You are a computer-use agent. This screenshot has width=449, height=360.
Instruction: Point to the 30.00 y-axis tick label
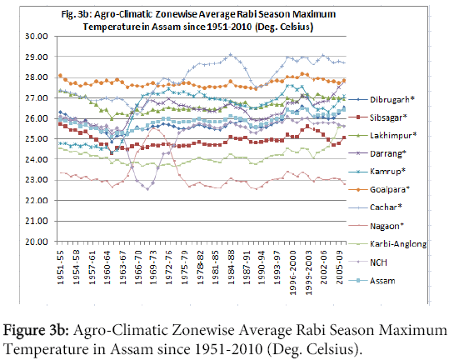tap(36, 37)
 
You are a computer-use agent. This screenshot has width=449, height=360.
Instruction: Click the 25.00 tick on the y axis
tap(36, 139)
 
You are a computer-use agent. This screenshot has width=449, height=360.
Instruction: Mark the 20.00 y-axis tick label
tap(36, 242)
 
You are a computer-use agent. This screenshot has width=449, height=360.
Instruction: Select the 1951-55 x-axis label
tap(61, 267)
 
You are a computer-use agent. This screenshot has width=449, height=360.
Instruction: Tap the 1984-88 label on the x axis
tap(231, 267)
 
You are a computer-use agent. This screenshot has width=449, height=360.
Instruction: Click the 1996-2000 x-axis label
tap(292, 272)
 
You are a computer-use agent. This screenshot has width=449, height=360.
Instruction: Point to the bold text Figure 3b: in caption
tap(36, 331)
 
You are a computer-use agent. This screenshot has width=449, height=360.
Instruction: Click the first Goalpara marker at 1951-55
tap(60, 76)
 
